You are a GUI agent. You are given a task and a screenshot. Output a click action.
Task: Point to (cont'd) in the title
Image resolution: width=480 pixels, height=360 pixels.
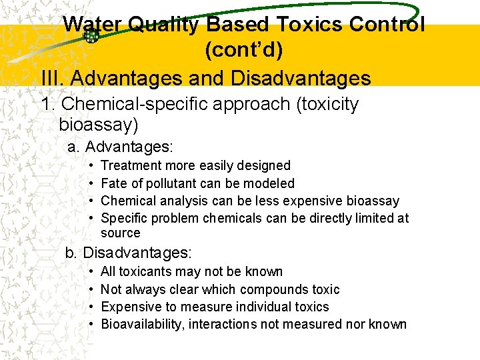(x=243, y=51)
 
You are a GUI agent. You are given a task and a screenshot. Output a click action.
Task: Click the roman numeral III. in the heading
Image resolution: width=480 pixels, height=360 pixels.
(x=53, y=78)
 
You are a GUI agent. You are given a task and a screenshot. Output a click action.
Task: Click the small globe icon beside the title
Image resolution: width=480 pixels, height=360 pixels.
(x=92, y=35)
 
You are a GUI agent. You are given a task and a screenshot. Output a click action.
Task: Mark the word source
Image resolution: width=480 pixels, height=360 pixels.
(x=120, y=233)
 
